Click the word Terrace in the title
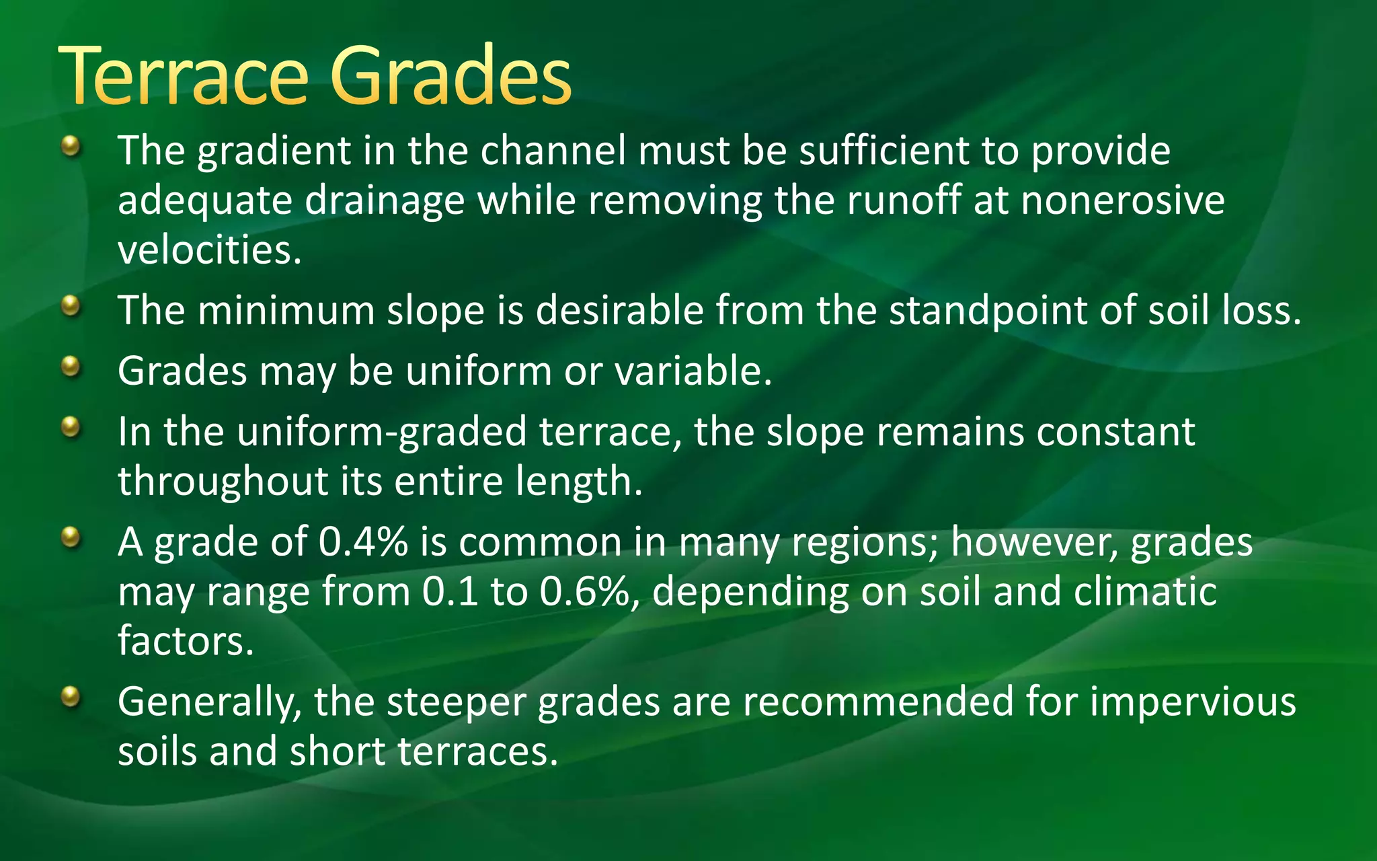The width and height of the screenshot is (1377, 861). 183,75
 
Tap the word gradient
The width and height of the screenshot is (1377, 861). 274,151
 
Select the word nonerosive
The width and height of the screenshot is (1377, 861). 1122,200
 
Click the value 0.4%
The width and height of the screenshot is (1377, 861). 363,542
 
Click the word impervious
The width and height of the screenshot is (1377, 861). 1193,702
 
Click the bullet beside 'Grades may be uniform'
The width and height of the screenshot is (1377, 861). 70,367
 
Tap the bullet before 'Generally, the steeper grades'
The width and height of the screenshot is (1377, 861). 70,696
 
